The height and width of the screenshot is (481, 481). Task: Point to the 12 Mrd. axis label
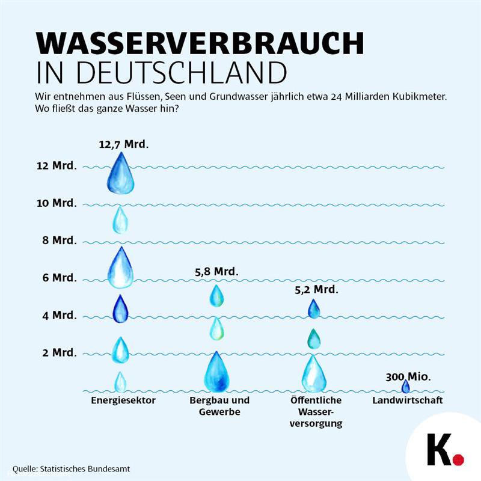pos(56,166)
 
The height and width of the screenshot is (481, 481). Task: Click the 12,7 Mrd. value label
pos(124,144)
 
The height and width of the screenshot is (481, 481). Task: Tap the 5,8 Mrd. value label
pos(216,272)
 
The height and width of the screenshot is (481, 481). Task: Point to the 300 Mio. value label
pos(408,377)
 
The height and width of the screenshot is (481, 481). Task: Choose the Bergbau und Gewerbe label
pos(219,406)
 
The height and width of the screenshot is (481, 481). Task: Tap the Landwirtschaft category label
pos(408,400)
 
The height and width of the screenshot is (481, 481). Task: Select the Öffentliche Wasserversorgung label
pos(316,411)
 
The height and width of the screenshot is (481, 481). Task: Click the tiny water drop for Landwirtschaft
pos(405,387)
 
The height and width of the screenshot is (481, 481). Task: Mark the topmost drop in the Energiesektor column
pos(121,174)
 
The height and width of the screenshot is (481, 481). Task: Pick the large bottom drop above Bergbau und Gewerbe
pos(216,373)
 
